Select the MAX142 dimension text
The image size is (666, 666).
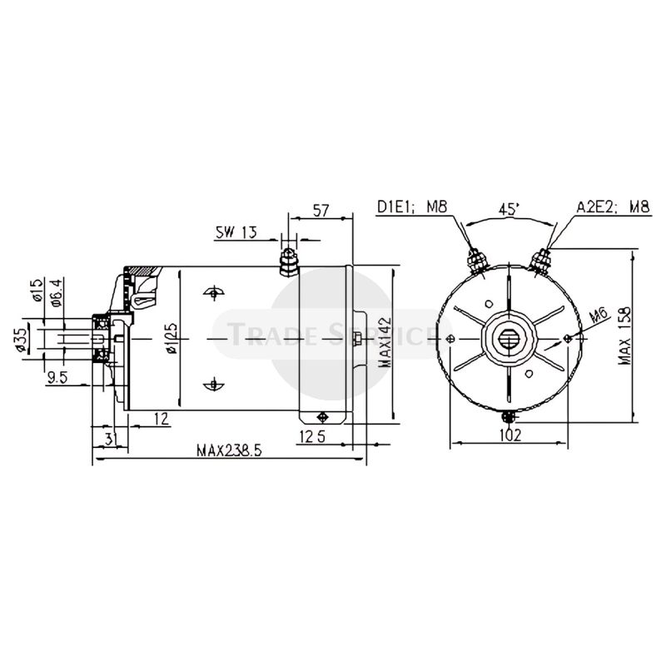[x=384, y=340]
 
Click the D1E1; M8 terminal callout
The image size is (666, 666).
[x=413, y=206]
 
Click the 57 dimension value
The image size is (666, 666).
[x=320, y=210]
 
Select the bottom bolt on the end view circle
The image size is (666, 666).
[x=509, y=415]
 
